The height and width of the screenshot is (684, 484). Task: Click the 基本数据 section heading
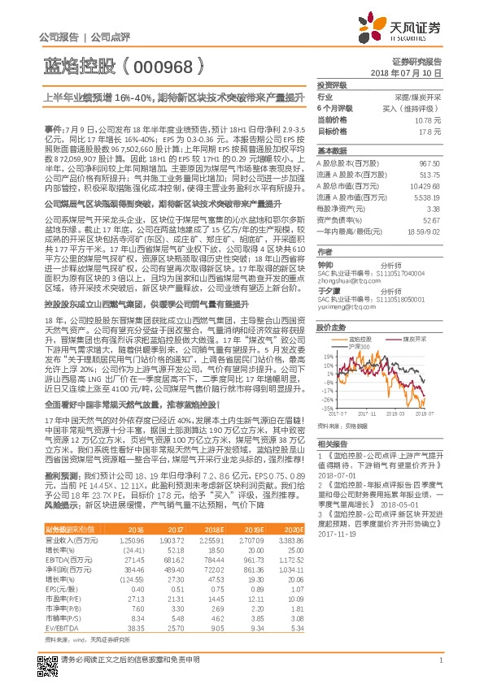coord(331,151)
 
